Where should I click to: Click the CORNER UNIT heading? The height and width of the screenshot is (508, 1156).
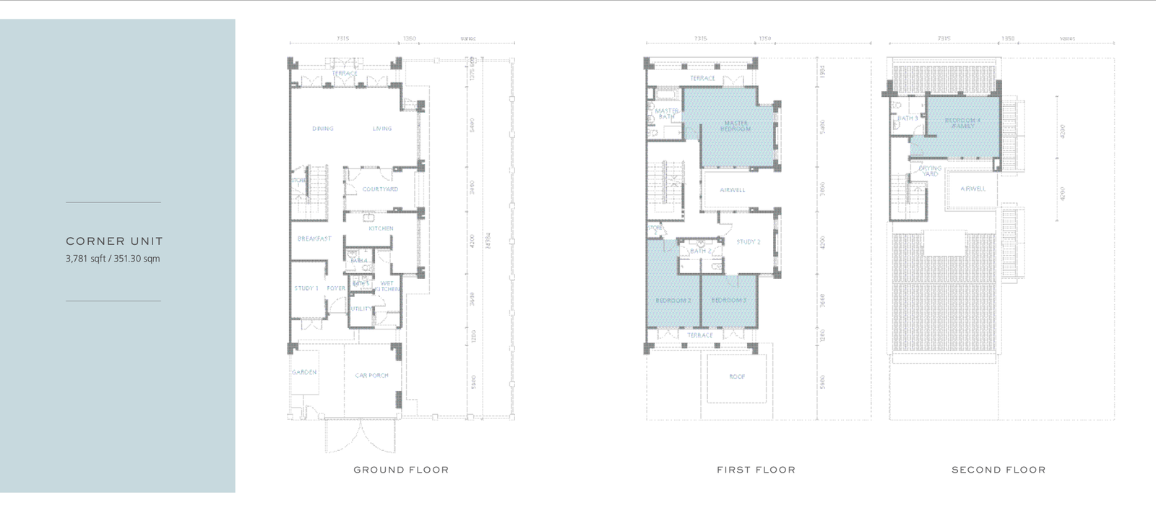point(114,241)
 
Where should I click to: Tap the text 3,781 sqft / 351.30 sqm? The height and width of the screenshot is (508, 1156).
point(113,259)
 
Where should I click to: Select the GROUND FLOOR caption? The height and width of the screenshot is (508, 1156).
point(401,470)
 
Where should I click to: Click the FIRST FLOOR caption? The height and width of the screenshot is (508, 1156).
point(756,470)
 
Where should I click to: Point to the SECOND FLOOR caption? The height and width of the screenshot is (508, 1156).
point(998,470)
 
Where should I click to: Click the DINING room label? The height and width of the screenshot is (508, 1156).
point(323,129)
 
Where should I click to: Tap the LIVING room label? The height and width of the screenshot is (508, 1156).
point(382,129)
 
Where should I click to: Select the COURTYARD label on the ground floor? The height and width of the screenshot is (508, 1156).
point(380,189)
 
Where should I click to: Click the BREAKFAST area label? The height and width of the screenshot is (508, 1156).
point(314,238)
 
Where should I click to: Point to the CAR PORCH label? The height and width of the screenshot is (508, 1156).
point(372,375)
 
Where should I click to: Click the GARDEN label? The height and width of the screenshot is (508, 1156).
point(304,372)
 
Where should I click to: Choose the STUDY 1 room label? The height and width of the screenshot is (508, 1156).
point(306,288)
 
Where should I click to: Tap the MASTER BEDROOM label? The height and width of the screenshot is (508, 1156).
point(736,126)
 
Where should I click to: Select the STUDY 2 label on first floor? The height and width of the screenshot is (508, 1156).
point(749,242)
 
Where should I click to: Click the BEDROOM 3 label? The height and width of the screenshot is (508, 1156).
point(728,300)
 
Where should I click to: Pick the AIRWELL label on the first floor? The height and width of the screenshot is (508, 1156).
point(733,190)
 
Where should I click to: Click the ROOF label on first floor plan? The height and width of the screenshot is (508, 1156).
point(736,376)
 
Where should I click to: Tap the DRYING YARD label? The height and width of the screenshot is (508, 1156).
point(930,171)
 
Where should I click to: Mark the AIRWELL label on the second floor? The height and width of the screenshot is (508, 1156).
point(973,189)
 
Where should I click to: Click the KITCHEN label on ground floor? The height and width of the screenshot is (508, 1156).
point(381,228)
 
